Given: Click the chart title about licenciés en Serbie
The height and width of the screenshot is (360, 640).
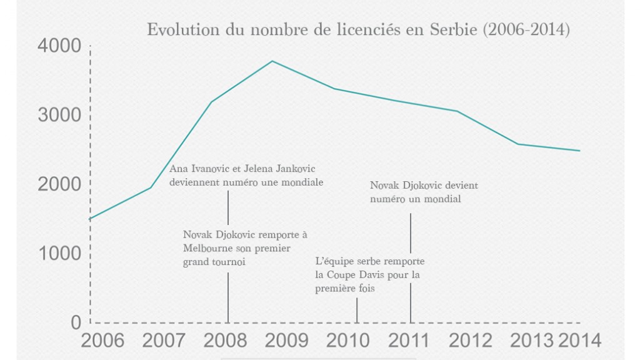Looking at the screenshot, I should (357, 30).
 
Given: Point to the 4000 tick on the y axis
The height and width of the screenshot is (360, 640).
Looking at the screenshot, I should (59, 46).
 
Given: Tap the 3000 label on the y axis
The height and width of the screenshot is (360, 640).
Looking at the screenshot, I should (59, 116).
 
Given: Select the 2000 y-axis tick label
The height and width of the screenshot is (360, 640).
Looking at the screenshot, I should (59, 184).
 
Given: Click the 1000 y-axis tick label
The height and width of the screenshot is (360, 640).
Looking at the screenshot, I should (59, 254).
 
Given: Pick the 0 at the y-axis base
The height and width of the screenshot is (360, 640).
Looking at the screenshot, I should (76, 322).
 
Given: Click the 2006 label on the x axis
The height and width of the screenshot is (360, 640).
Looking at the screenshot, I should (102, 341).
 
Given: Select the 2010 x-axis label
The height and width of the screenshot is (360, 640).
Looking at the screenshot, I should (348, 341).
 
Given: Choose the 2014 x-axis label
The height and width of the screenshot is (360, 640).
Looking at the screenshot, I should (580, 341).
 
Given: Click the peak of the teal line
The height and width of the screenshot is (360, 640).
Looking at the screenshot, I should (272, 61).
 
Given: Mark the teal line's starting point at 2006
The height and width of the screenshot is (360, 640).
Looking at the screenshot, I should (91, 219).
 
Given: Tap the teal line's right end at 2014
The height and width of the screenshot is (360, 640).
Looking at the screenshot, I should (579, 151).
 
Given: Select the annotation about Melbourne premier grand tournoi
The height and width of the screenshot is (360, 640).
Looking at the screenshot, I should (245, 248).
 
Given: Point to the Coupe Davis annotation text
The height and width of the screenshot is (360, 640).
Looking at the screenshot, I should (370, 275).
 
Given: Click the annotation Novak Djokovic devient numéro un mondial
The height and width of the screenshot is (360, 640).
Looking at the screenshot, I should (424, 192).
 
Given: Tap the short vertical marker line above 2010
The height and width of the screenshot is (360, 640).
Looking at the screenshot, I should (357, 310).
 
